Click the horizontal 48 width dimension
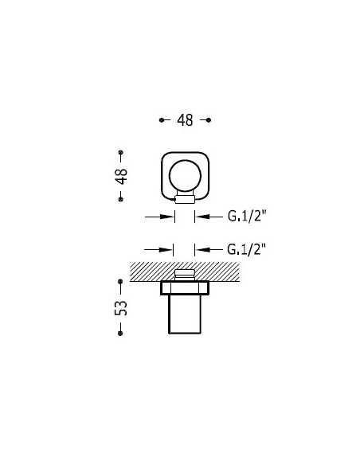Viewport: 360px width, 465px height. point(185,120)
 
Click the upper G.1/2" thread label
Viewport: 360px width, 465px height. point(246,216)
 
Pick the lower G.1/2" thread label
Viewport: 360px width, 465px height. point(246,249)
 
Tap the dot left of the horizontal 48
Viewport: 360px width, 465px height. point(161,120)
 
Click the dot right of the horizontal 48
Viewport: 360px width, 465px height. point(209,120)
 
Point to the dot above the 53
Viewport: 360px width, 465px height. point(121,280)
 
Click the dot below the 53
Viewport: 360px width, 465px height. point(121,334)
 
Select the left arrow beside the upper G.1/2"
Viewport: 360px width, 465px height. point(159,216)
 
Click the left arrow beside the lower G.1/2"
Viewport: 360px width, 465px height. point(159,249)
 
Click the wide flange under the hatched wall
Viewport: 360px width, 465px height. point(185,287)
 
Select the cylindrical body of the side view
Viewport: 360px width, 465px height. point(185,315)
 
